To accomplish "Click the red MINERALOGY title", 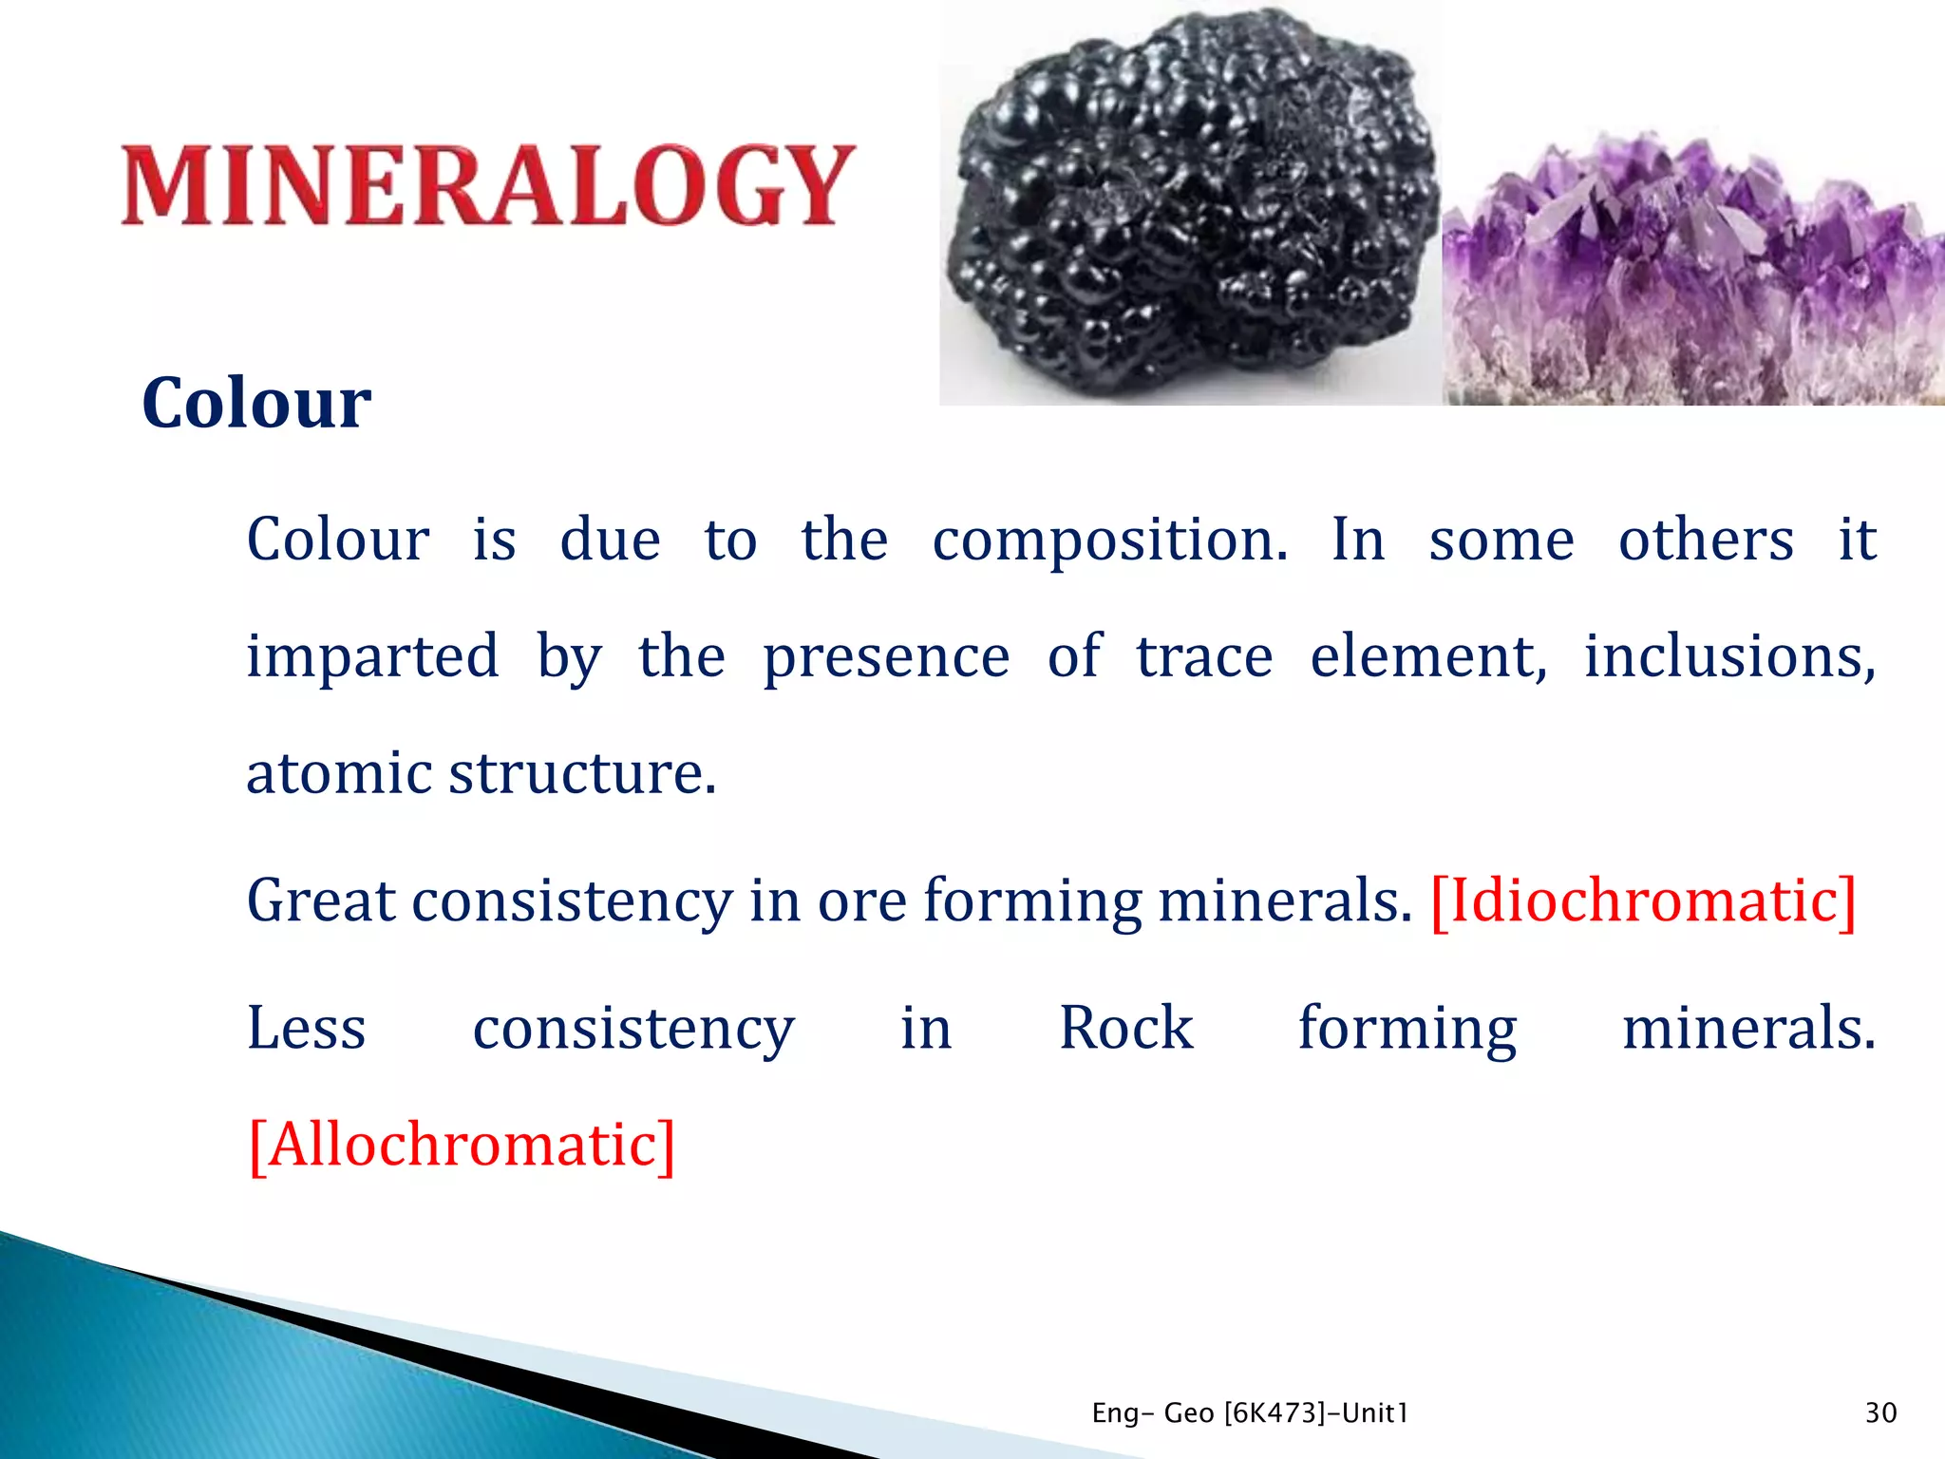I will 489,185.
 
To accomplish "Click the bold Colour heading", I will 256,404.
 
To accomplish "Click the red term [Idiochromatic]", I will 1643,900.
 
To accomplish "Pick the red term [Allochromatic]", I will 462,1145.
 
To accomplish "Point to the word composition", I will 1109,541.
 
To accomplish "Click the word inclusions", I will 1728,655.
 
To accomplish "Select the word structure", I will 581,773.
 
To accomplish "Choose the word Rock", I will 1125,1028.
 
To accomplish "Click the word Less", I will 306,1028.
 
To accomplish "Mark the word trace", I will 1204,657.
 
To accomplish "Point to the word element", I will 1427,657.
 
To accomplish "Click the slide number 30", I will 1880,1413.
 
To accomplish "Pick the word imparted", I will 372,657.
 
